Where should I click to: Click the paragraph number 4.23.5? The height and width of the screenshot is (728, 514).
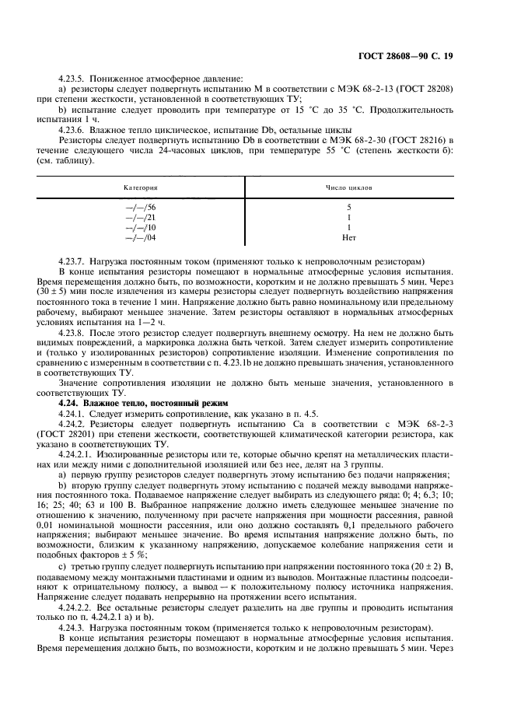coord(73,79)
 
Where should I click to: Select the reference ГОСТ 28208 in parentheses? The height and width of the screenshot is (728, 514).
coord(425,89)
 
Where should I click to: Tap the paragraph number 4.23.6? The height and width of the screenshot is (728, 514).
coord(73,129)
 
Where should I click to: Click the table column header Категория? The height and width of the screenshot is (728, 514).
coord(141,188)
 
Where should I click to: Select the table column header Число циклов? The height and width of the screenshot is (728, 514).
coord(348,188)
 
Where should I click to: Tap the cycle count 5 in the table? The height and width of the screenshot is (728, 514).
coord(348,208)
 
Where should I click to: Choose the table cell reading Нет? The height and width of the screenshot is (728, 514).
coord(348,238)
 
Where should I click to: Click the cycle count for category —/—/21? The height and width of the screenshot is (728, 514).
coord(348,218)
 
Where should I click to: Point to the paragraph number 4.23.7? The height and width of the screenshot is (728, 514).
coord(73,260)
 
